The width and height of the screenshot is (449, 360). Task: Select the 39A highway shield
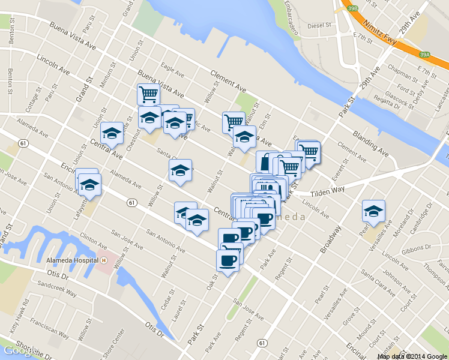click(x=424, y=55)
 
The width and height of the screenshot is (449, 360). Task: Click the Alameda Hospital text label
click(x=73, y=262)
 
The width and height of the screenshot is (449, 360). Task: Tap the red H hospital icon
click(x=104, y=262)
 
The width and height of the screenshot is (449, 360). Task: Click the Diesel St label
click(x=319, y=26)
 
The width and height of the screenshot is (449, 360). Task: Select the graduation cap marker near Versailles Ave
click(x=373, y=211)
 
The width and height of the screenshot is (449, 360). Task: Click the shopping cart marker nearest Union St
click(x=148, y=94)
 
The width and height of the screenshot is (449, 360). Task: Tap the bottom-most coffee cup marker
click(x=227, y=260)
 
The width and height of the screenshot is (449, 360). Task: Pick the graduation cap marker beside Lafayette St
click(x=90, y=185)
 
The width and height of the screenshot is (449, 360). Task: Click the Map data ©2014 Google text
click(x=412, y=356)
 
